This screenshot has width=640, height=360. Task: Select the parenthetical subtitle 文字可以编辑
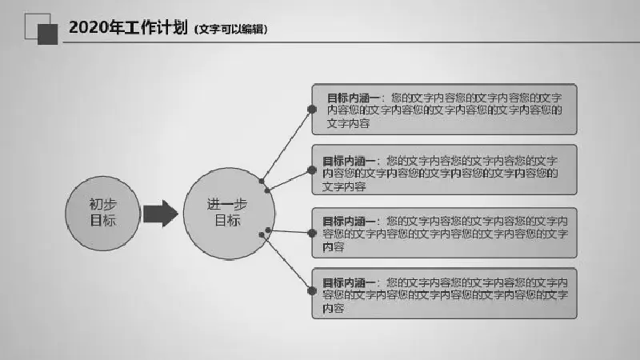point(231,30)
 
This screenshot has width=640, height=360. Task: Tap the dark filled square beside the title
point(48,34)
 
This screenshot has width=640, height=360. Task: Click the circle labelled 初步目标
point(103,213)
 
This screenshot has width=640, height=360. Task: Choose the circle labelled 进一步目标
point(229,214)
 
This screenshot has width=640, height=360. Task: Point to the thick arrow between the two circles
point(161,214)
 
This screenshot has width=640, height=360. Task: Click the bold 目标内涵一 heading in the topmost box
point(353,98)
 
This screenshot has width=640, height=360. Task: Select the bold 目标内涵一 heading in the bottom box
point(348,282)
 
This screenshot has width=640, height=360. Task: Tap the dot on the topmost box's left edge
point(312,109)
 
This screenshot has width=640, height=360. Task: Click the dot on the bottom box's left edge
point(312,291)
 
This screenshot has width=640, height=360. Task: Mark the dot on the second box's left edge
point(312,170)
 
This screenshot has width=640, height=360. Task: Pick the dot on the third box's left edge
point(312,233)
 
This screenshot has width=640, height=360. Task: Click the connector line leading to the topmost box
point(286,145)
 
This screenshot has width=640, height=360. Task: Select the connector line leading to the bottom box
point(286,263)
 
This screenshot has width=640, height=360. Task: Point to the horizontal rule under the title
point(351,42)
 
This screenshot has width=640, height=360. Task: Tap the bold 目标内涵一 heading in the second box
point(348,161)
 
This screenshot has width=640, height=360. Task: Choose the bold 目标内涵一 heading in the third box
point(348,222)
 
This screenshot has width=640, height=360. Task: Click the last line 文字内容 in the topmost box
point(348,123)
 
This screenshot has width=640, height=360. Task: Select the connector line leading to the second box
point(290,180)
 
